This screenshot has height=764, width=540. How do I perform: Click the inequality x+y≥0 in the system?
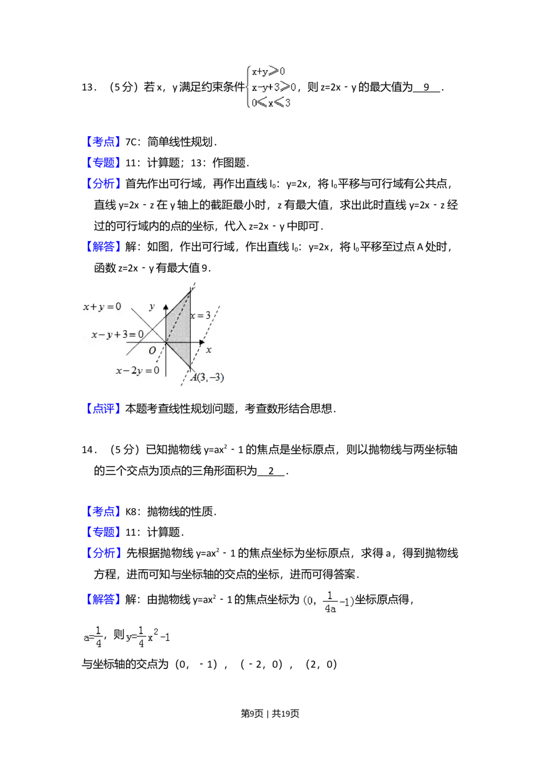[268, 72]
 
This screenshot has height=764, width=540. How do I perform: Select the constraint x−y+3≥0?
[274, 87]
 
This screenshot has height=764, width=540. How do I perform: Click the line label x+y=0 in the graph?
[102, 307]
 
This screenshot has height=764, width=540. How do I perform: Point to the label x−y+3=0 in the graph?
[117, 334]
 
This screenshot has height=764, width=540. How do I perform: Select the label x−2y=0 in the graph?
[137, 371]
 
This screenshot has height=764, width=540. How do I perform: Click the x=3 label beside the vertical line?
[200, 315]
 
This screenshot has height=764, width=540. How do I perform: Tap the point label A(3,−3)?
[207, 378]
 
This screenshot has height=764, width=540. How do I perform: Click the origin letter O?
[152, 351]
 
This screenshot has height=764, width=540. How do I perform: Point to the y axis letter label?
[152, 307]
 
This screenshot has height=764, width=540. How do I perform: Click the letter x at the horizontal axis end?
[209, 350]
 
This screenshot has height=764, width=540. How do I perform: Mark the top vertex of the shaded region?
[190, 292]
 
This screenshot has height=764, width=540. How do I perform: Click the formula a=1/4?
[91, 638]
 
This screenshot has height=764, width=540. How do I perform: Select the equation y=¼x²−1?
[147, 638]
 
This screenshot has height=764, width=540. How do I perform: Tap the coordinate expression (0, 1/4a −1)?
[328, 601]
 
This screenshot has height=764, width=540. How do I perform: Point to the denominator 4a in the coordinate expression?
[330, 608]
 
